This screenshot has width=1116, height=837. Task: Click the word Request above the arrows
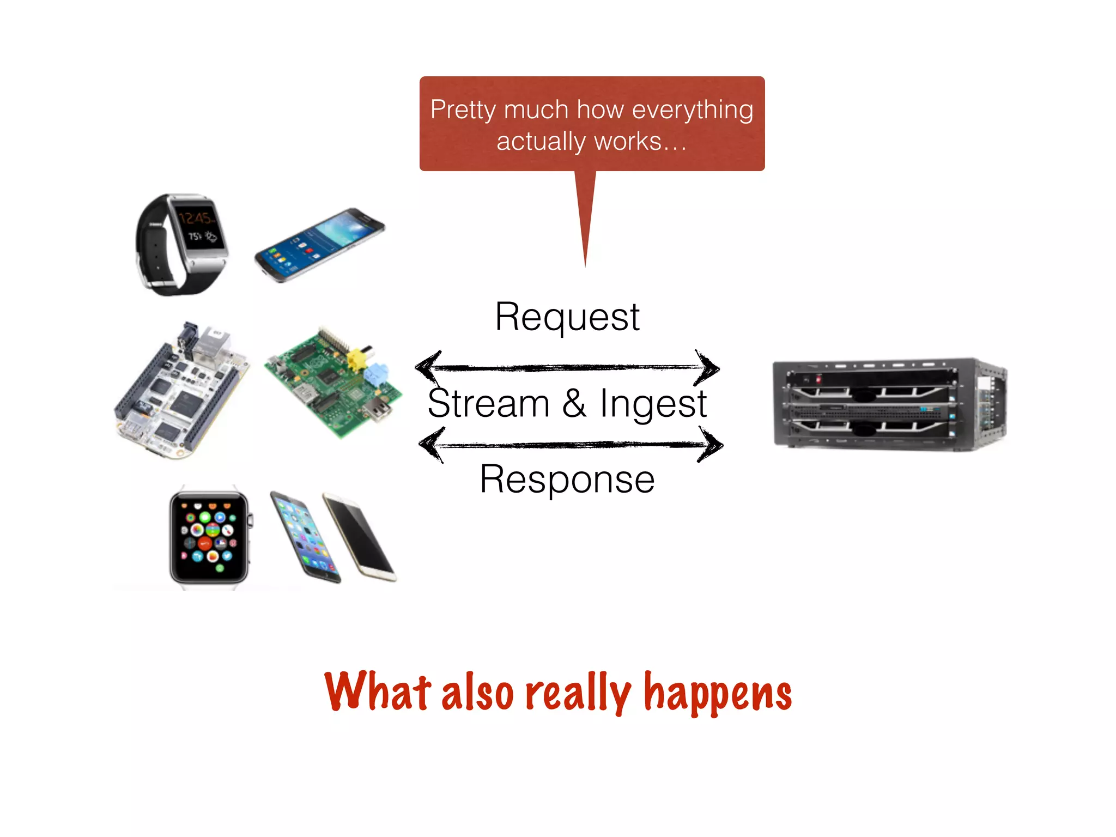[x=567, y=317]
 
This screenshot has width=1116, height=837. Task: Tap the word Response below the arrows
[x=567, y=479]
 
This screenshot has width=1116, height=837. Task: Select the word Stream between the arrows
[x=488, y=404]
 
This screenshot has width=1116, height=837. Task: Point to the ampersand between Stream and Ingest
[x=574, y=404]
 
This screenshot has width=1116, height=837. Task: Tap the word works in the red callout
[x=627, y=142]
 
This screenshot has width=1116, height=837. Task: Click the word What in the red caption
[x=378, y=691]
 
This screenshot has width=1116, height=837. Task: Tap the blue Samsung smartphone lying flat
[x=320, y=245]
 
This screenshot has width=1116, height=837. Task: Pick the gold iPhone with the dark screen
[x=360, y=537]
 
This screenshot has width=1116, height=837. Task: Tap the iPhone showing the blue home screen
[x=305, y=537]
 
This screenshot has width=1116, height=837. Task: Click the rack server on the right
[x=889, y=404]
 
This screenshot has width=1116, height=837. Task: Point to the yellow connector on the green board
[x=356, y=359]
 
